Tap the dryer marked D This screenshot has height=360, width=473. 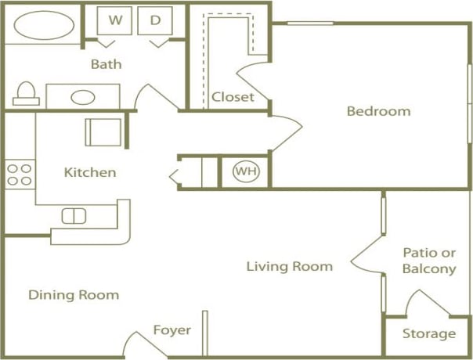(x=155, y=21)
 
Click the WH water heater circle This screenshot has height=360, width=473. (x=245, y=171)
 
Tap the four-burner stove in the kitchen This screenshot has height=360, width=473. (x=20, y=174)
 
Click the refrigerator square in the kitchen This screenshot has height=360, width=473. (x=103, y=131)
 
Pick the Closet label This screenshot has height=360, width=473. (x=233, y=97)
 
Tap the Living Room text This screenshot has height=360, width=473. (x=289, y=266)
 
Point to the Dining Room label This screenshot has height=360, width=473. (x=74, y=295)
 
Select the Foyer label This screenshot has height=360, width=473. (x=172, y=330)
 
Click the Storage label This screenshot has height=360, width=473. (x=428, y=334)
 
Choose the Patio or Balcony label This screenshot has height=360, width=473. (x=428, y=261)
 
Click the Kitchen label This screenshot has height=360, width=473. (x=90, y=172)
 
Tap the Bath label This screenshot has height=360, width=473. (x=106, y=64)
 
